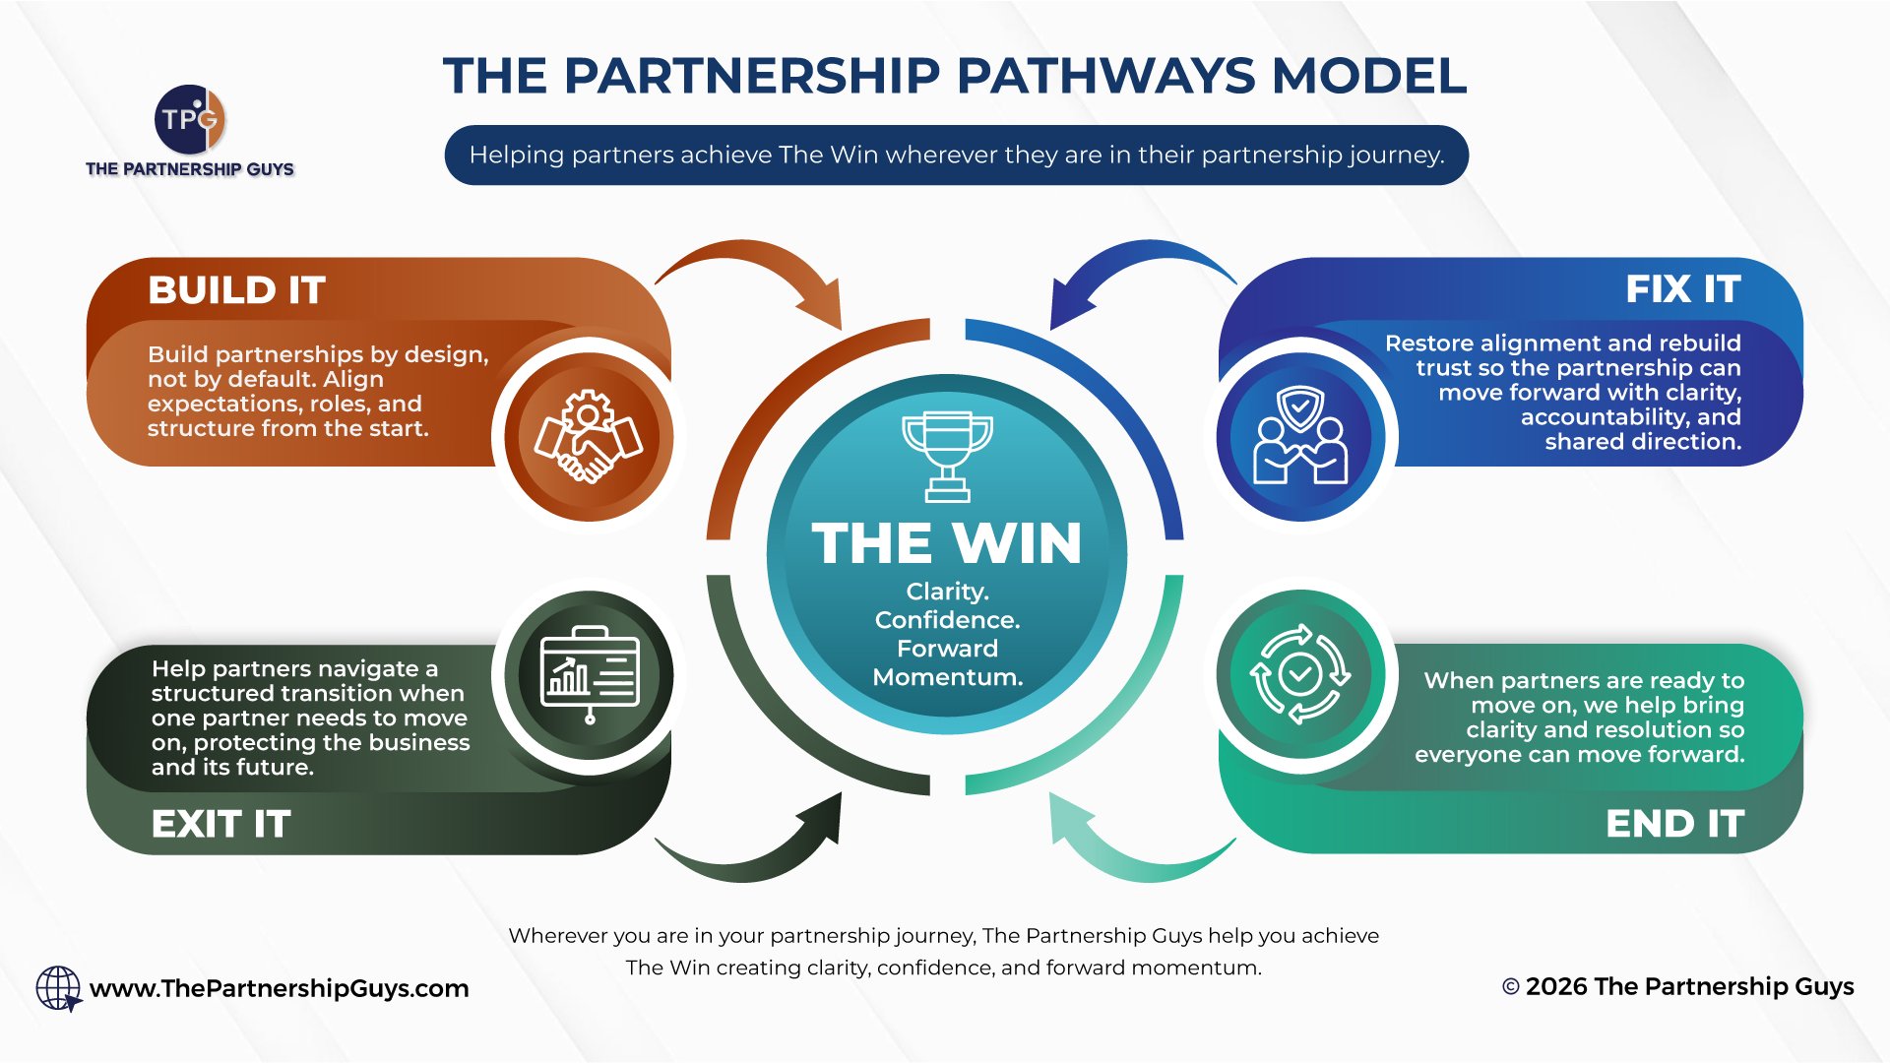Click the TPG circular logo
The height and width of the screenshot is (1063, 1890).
click(190, 119)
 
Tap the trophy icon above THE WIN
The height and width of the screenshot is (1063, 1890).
click(947, 456)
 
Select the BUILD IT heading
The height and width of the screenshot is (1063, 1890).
click(236, 290)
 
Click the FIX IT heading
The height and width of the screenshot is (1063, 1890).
click(1682, 289)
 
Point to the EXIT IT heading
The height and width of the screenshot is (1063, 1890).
click(220, 824)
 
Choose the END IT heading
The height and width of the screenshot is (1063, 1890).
click(1674, 824)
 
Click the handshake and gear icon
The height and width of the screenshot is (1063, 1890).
click(589, 436)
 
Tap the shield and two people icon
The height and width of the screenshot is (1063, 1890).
click(1300, 436)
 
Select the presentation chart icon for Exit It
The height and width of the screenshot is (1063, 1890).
click(589, 675)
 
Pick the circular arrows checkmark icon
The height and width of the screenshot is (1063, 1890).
click(1300, 675)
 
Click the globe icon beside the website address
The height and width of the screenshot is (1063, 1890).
click(58, 988)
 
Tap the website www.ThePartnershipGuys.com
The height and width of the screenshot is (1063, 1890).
click(280, 988)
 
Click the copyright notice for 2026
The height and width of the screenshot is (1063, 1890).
click(1677, 986)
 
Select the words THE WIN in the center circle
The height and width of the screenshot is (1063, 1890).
click(947, 543)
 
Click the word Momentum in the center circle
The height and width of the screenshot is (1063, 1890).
click(947, 677)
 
